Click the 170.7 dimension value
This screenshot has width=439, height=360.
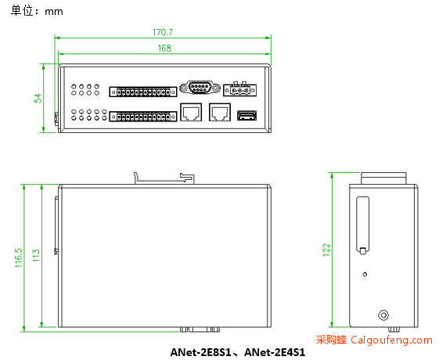click(x=163, y=32)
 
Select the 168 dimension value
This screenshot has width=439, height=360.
click(x=164, y=49)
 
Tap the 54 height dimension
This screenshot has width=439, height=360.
click(x=38, y=99)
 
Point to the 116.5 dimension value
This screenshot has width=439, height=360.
click(x=19, y=257)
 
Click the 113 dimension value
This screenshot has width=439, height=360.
click(x=37, y=255)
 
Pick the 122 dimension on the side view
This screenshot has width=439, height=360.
click(x=326, y=250)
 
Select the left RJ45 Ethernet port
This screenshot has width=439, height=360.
click(x=191, y=112)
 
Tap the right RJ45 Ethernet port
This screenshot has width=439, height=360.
click(x=220, y=112)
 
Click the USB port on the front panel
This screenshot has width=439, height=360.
click(x=247, y=115)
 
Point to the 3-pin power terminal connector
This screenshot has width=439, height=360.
click(x=240, y=89)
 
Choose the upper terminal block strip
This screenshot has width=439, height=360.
click(x=143, y=92)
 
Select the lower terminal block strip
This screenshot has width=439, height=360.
click(x=143, y=117)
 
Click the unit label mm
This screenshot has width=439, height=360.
click(x=54, y=12)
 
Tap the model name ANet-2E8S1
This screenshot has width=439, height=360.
click(x=201, y=352)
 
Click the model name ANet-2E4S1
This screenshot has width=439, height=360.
click(x=275, y=352)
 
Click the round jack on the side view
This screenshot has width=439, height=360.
click(x=383, y=315)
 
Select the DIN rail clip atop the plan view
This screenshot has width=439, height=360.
click(x=164, y=178)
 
